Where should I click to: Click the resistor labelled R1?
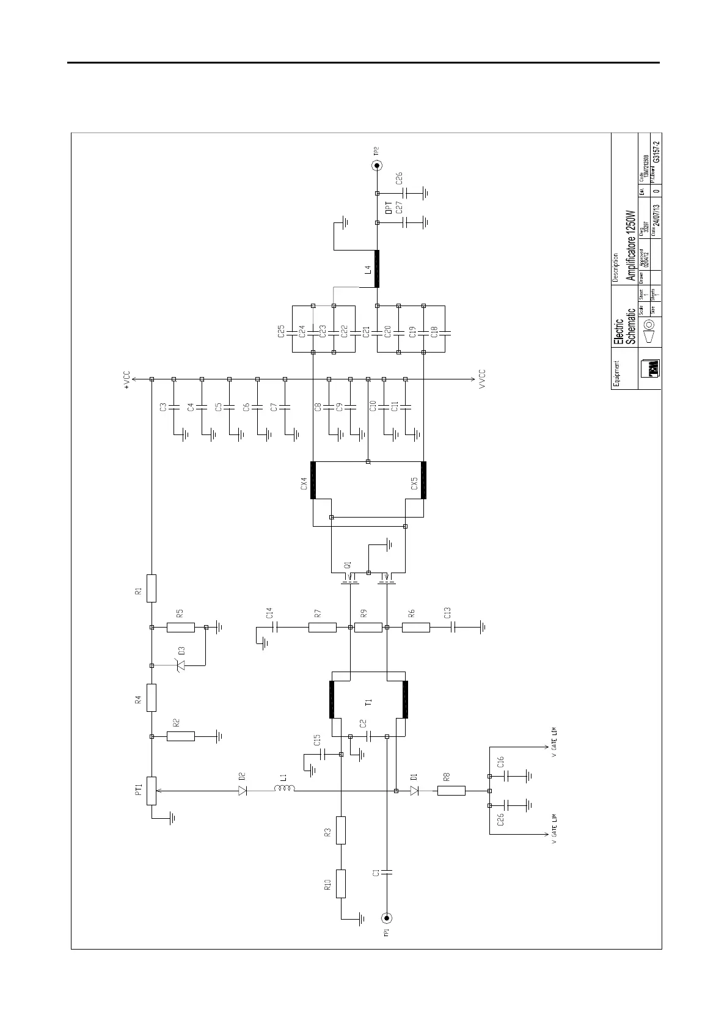(152, 588)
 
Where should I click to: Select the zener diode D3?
(181, 666)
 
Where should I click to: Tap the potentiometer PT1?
(152, 791)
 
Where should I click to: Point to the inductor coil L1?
(285, 790)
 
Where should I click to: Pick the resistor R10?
(341, 884)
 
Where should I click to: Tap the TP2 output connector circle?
(377, 166)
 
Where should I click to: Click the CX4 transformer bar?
(313, 480)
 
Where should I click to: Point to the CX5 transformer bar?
(423, 480)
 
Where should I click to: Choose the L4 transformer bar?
(377, 269)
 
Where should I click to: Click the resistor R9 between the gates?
(368, 627)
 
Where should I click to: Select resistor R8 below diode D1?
(451, 791)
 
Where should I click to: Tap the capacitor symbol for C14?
(276, 627)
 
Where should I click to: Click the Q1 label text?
(348, 565)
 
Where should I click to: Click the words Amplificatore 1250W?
(631, 246)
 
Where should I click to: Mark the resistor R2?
(181, 736)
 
